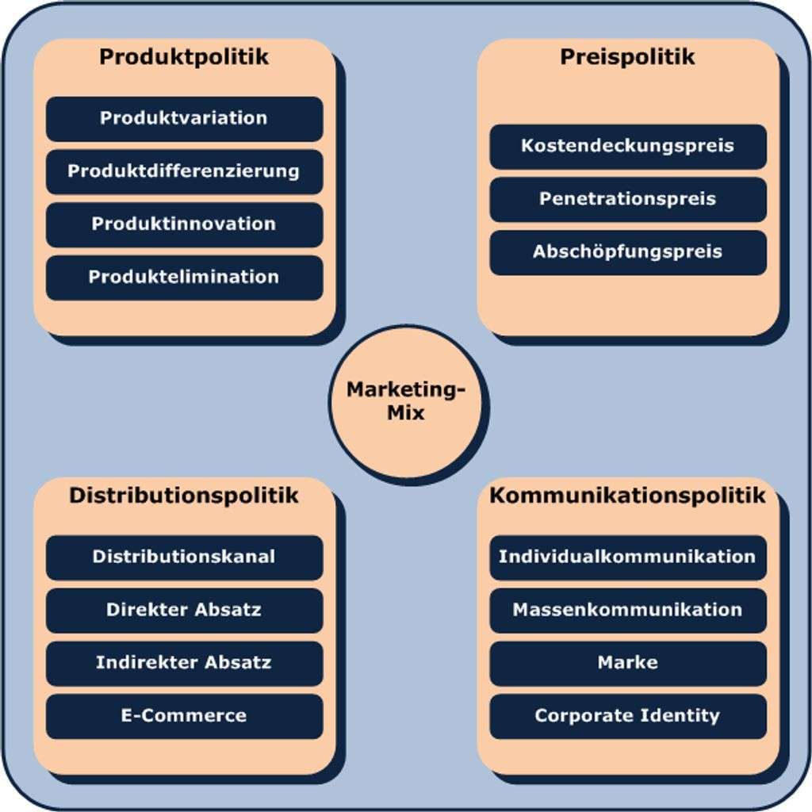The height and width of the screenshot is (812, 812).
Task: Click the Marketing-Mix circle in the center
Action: click(404, 402)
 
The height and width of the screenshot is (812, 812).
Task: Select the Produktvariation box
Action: click(184, 119)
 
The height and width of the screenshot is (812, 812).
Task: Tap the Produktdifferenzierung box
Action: click(184, 171)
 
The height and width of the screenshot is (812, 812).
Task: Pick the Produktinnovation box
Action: click(184, 224)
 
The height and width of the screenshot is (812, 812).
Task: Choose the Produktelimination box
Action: click(184, 278)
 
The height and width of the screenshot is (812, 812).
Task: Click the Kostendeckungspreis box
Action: click(627, 146)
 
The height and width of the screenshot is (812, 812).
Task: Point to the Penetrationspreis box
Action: click(627, 199)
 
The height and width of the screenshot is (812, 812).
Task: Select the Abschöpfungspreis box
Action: click(627, 252)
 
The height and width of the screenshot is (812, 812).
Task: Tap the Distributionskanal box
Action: click(184, 557)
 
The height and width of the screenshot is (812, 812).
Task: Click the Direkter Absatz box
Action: click(184, 611)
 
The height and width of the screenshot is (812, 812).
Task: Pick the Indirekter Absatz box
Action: click(184, 663)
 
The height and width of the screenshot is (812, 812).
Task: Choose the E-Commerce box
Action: click(184, 716)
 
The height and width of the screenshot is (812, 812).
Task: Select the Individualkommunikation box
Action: click(627, 557)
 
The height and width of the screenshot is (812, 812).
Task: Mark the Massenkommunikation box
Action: click(627, 611)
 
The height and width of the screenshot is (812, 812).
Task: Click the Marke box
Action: click(627, 663)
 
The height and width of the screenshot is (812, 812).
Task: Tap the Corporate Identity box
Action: click(627, 716)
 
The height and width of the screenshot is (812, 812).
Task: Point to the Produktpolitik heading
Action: click(184, 57)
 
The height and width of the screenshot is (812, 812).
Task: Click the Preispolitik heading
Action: click(627, 57)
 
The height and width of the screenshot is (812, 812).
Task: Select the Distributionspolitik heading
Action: click(184, 496)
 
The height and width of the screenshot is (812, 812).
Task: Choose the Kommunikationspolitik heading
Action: click(627, 496)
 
